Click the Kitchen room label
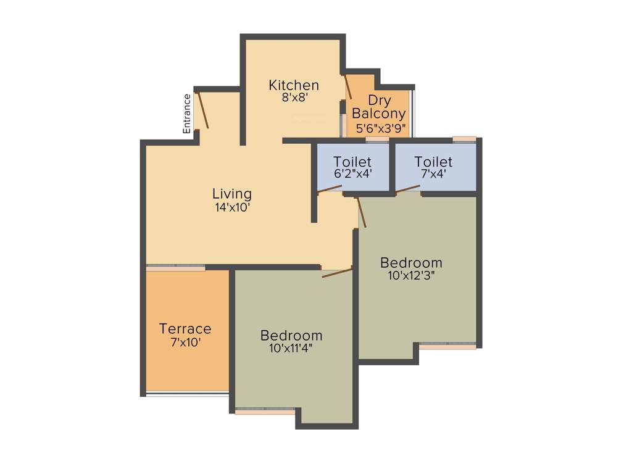pyautogui.click(x=294, y=85)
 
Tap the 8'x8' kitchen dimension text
pyautogui.click(x=294, y=98)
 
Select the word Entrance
pyautogui.click(x=187, y=114)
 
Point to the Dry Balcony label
pyautogui.click(x=378, y=107)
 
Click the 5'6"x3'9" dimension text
pyautogui.click(x=381, y=128)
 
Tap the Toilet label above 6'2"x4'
pyautogui.click(x=352, y=162)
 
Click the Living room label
pyautogui.click(x=232, y=194)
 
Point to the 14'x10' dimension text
pyautogui.click(x=232, y=208)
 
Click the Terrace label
pyautogui.click(x=185, y=329)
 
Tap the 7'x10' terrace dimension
pyautogui.click(x=185, y=341)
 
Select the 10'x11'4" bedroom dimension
pyautogui.click(x=291, y=348)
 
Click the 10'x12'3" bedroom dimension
pyautogui.click(x=412, y=276)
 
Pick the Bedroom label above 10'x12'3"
pyautogui.click(x=411, y=262)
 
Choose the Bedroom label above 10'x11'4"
pyautogui.click(x=291, y=336)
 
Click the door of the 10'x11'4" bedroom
pyautogui.click(x=337, y=272)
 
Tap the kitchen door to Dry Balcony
pyautogui.click(x=348, y=87)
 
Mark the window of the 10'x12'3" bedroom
pyautogui.click(x=447, y=346)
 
